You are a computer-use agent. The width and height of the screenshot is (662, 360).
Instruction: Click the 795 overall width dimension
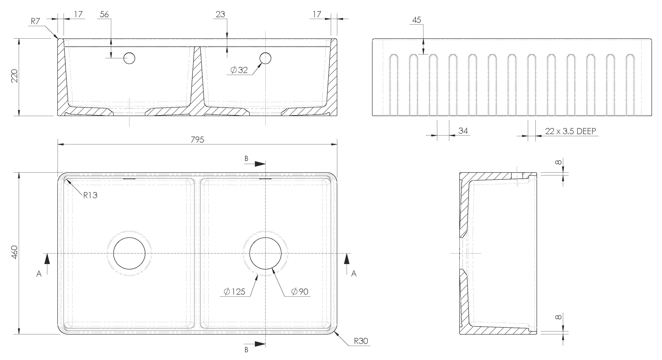[x=197, y=139]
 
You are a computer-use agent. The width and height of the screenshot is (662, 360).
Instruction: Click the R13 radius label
[x=90, y=195]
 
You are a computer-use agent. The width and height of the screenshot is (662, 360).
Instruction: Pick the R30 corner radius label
[x=361, y=341]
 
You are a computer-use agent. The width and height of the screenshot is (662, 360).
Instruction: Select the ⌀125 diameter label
[x=234, y=291]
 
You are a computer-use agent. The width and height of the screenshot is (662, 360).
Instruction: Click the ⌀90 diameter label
[x=300, y=291]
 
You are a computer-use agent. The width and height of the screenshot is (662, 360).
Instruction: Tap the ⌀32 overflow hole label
[x=239, y=70]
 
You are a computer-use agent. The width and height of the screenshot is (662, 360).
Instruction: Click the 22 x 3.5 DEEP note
[x=570, y=131]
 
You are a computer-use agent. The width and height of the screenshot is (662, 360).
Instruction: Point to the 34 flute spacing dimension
[x=463, y=131]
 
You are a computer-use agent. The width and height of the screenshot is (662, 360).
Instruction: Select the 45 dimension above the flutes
[x=416, y=20]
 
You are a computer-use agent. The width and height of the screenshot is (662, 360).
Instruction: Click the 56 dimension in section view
[x=104, y=14]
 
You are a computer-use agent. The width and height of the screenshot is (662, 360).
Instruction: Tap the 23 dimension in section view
[x=220, y=14]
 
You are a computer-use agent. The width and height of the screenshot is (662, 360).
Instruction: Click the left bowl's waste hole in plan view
[x=129, y=253]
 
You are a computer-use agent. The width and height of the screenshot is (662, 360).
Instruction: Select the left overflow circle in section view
[x=129, y=58]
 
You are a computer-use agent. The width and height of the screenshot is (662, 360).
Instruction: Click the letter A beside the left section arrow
[x=39, y=274]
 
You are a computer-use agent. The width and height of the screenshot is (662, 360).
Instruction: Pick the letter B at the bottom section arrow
[x=246, y=350]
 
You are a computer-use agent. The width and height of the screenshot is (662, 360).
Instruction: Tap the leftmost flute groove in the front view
[x=394, y=85]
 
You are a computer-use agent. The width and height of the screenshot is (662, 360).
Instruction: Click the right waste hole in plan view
[x=265, y=253]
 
